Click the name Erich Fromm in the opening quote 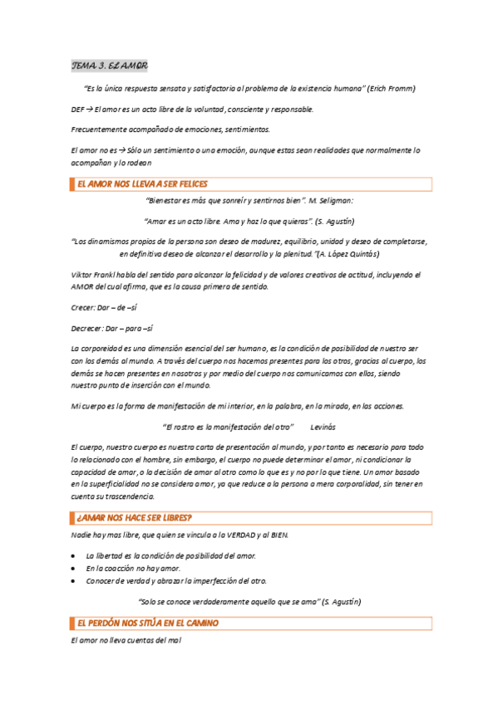coord(390,88)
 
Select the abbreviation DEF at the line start coord(79,109)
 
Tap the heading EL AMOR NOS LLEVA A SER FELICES coord(142,184)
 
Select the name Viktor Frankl coord(92,274)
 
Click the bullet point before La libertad coord(76,555)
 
